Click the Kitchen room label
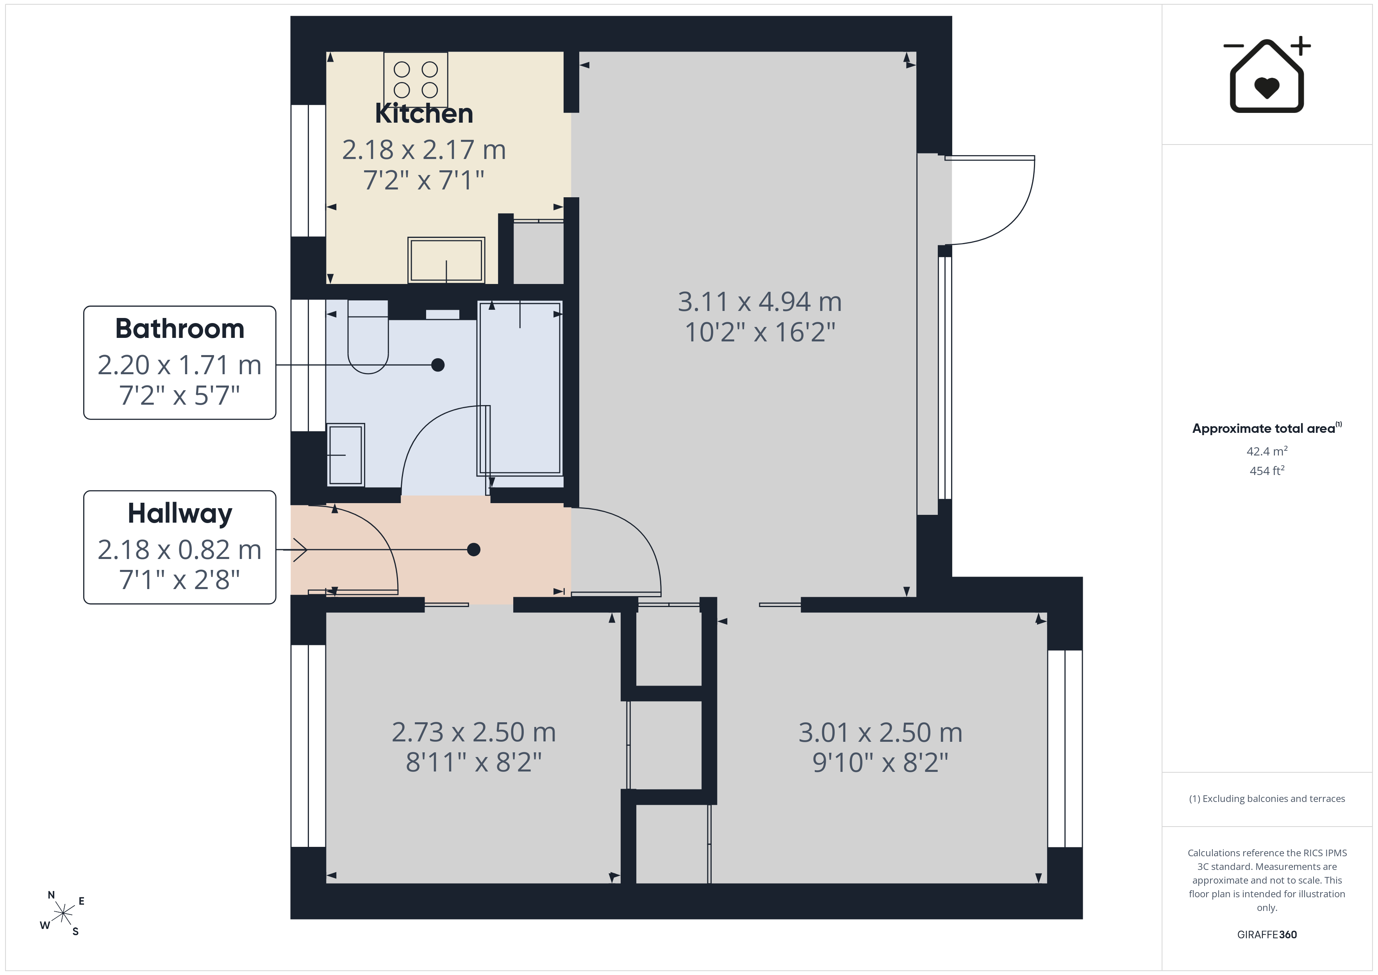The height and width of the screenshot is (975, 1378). [424, 113]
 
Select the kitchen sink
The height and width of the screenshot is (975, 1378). [446, 260]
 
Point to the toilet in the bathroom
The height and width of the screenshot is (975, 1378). [368, 337]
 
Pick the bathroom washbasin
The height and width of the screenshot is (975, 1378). [346, 454]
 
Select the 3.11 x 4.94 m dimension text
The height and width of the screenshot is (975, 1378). [760, 302]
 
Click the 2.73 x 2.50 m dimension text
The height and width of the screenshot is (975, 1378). [473, 732]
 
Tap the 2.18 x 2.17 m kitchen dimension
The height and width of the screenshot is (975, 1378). [424, 150]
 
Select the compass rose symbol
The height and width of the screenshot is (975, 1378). [62, 914]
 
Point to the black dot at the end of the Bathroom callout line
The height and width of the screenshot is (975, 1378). [438, 365]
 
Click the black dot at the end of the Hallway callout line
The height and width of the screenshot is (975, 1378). [473, 549]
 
